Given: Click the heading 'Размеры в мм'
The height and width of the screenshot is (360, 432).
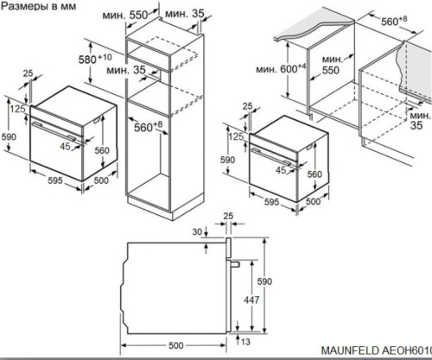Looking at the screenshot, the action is [39, 6].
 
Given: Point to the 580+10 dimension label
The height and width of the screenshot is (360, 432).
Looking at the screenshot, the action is [95, 59].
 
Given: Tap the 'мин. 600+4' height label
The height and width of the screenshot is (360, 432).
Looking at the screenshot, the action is [281, 68].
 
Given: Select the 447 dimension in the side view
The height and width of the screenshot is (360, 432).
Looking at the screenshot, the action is [251, 300].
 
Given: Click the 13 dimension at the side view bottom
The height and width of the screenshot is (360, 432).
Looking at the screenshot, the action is [245, 342].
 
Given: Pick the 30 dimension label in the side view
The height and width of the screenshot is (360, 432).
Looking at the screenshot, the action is [197, 231].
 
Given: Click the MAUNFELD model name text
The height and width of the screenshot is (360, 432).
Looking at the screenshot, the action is [377, 351].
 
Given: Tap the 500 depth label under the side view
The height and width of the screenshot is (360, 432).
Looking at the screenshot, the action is [175, 345].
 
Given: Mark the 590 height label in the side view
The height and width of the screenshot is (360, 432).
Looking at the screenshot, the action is [264, 281].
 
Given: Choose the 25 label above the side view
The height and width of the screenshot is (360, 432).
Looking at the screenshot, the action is [228, 216].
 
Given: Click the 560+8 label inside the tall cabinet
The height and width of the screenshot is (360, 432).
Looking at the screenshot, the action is [148, 127].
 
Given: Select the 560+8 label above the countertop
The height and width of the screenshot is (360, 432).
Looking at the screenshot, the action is [394, 21].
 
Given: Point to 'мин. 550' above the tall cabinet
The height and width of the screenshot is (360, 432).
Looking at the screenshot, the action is [125, 15].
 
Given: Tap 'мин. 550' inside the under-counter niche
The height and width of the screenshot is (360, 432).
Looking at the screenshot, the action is [332, 65].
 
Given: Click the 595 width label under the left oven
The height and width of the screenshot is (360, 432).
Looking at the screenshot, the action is [55, 180].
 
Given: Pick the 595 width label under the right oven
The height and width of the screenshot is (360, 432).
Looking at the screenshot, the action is [272, 202].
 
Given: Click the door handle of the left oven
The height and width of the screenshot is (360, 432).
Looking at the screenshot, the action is [54, 131].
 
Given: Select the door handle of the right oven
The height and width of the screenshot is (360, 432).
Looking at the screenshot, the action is [273, 157].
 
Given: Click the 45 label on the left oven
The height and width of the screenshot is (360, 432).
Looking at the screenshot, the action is [65, 146].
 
